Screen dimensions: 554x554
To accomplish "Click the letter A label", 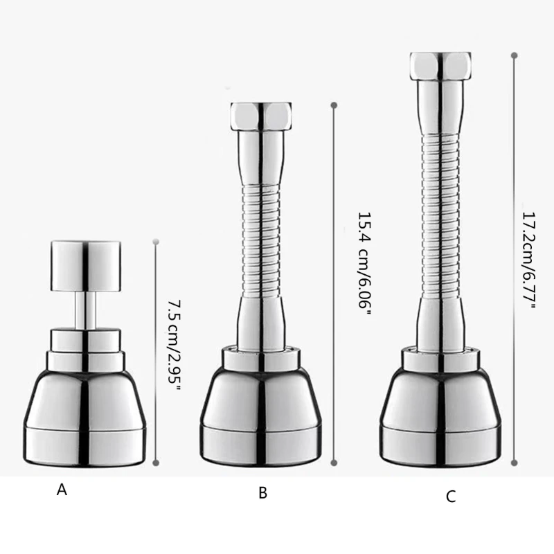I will pos(62,490).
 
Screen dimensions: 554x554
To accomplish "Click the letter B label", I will pos(262,493).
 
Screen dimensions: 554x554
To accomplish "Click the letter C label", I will pos(451,496).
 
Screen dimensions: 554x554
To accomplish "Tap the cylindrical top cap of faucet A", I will pos(87,263).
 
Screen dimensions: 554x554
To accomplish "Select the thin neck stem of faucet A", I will pos(87,307).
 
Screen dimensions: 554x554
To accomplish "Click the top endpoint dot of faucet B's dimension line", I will pos(334,105).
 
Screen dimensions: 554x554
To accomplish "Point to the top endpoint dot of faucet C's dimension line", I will pos(514,53).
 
